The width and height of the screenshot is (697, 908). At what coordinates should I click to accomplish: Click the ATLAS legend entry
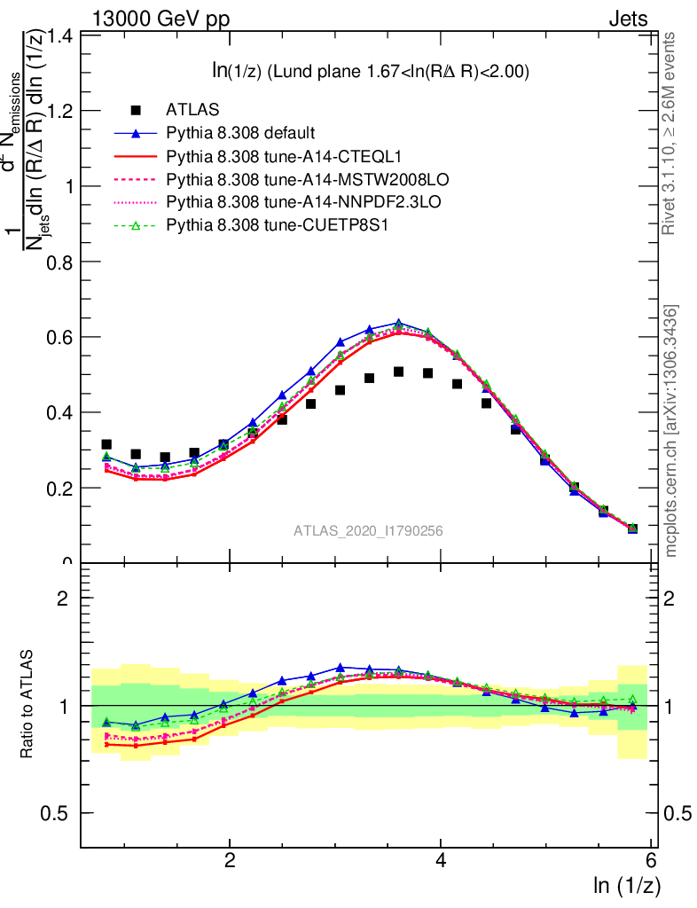(x=192, y=111)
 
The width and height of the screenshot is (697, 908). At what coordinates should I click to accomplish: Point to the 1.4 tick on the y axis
(x=61, y=36)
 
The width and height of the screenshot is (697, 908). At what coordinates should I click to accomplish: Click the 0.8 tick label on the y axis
(x=61, y=262)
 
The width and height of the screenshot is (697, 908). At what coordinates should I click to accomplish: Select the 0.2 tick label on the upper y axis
(x=61, y=489)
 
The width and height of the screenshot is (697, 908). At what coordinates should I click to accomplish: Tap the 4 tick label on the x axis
(x=441, y=861)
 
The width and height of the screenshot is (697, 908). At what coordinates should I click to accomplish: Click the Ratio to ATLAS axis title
(x=27, y=705)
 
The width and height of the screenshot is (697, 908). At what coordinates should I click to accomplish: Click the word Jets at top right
(x=628, y=20)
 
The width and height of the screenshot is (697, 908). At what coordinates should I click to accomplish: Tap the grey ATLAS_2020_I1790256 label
(x=369, y=531)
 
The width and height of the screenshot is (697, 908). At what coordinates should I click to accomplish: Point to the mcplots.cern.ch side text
(x=671, y=430)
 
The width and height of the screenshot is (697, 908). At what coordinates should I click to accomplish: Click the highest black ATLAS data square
(x=399, y=372)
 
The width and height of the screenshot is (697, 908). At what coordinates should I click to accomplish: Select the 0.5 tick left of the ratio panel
(x=61, y=814)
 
